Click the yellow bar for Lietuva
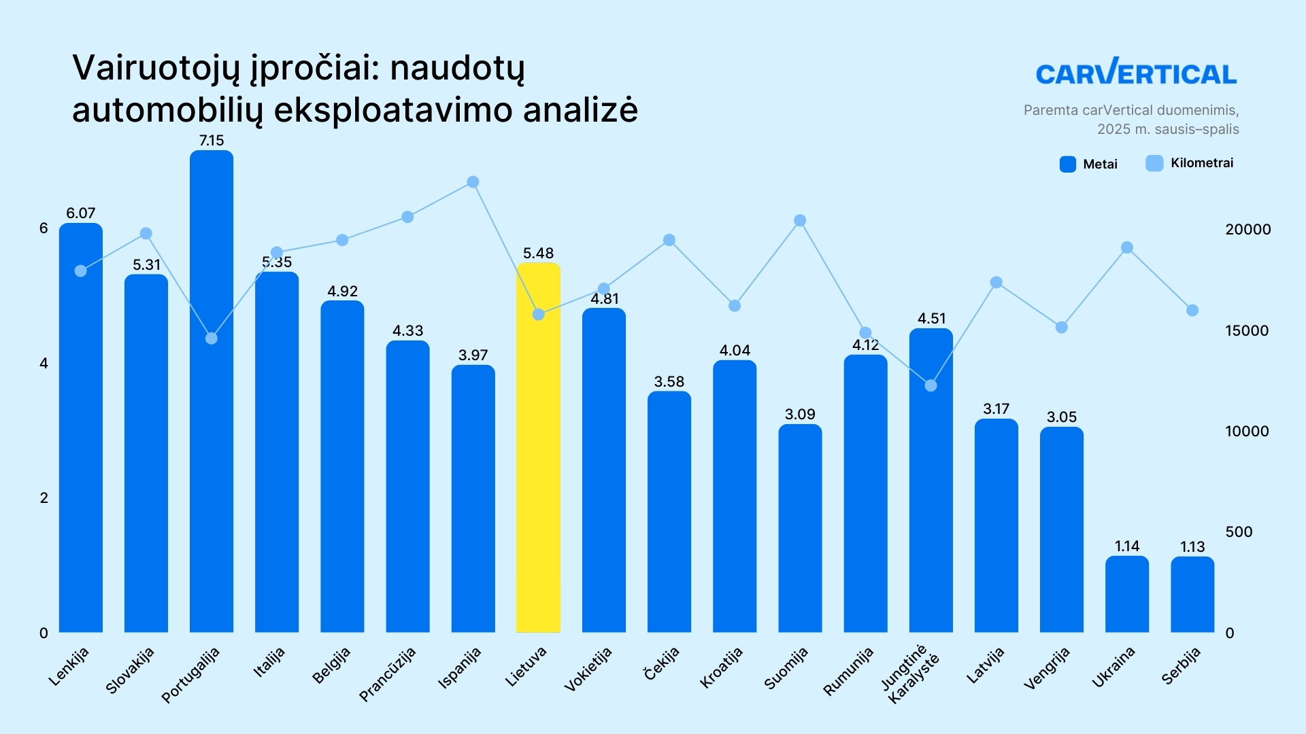(538, 449)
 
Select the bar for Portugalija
(212, 394)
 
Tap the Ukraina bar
(1126, 595)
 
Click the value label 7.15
(212, 141)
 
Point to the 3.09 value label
(800, 415)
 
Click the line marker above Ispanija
(473, 182)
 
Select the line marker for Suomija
(800, 221)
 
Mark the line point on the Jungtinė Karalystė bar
(931, 386)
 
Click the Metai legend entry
(1088, 164)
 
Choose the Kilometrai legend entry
(1190, 163)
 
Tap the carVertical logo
(1136, 72)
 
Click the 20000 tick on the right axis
(1248, 230)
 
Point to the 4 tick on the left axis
(44, 364)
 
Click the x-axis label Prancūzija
(387, 674)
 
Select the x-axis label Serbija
(1181, 666)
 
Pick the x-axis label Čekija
(661, 663)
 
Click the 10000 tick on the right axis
(1247, 432)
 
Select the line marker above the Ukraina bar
(1127, 248)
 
